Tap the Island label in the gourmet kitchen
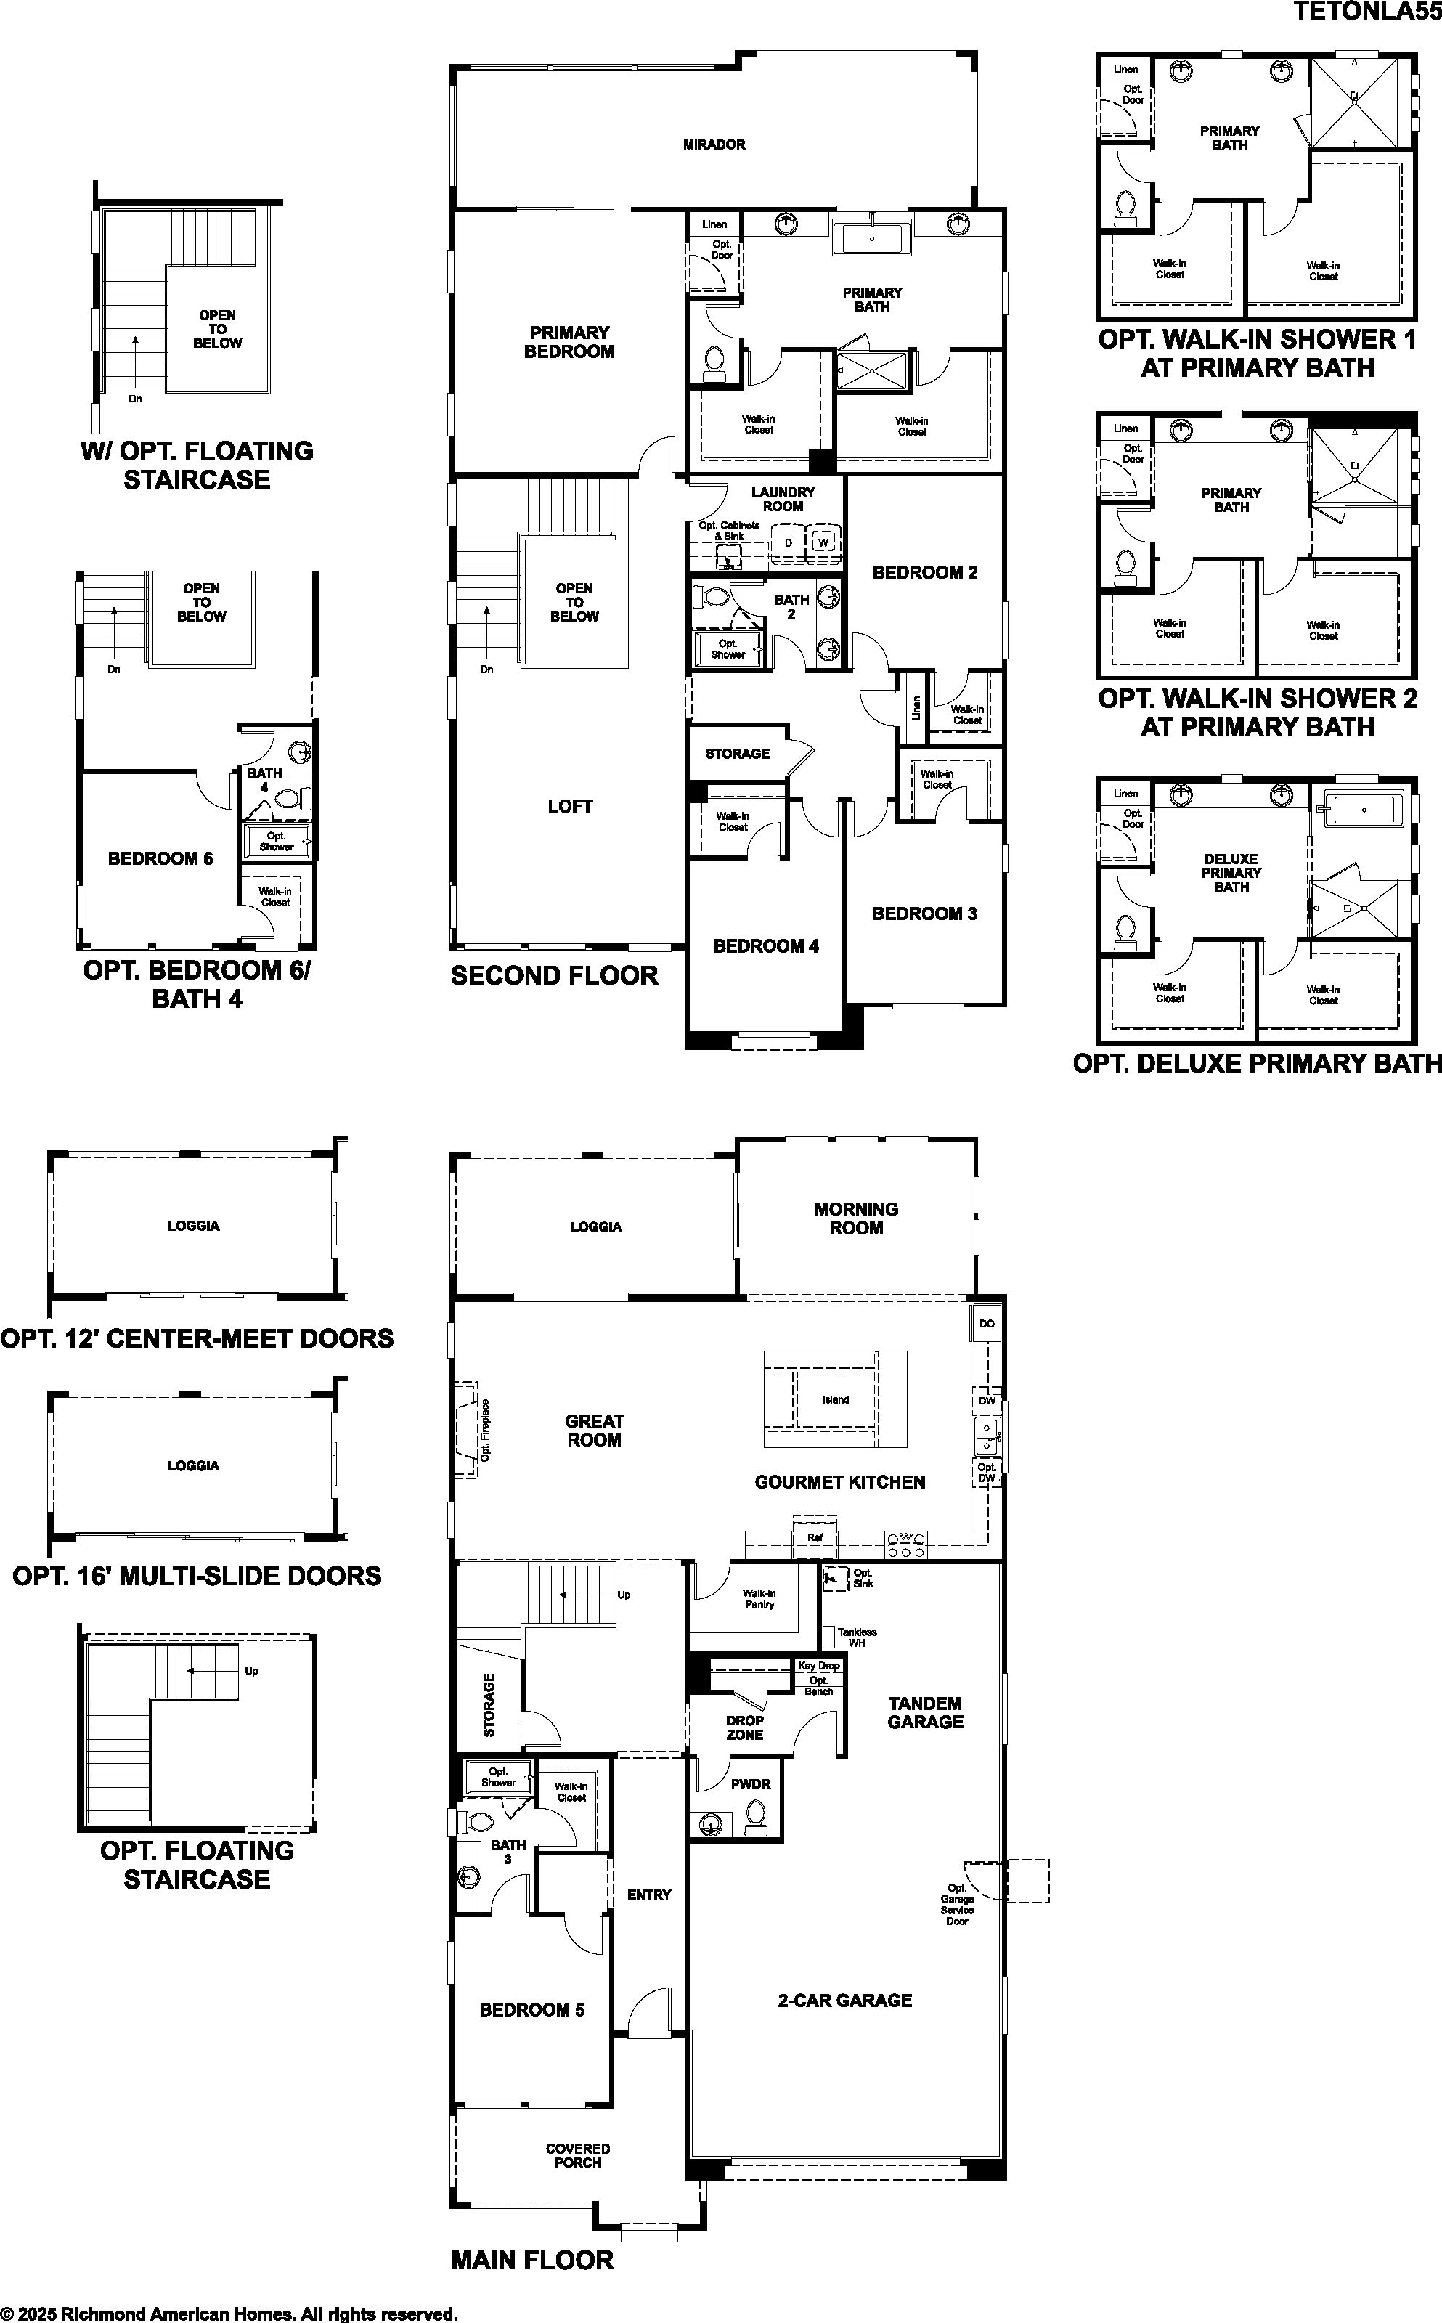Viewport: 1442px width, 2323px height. (x=836, y=1400)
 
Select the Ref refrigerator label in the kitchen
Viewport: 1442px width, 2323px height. (x=815, y=1537)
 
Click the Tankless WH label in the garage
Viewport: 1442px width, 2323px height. (x=857, y=1638)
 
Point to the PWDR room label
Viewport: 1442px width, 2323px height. (x=751, y=1784)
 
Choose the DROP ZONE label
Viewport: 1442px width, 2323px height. (x=745, y=1727)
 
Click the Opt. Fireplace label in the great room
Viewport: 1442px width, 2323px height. (x=486, y=1431)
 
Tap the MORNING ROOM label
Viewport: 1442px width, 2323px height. (x=857, y=1219)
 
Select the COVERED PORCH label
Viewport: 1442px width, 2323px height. (x=578, y=2155)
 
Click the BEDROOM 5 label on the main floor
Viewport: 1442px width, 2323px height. (x=531, y=2010)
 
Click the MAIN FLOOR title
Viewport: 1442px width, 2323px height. (x=532, y=2260)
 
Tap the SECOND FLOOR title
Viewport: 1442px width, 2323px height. (x=554, y=975)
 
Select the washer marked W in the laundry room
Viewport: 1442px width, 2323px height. (x=823, y=542)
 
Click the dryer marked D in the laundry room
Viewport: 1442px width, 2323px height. (x=788, y=542)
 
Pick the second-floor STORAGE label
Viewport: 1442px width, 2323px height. (x=737, y=753)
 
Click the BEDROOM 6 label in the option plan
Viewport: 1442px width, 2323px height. (x=160, y=858)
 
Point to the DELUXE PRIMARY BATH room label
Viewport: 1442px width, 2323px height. (x=1231, y=873)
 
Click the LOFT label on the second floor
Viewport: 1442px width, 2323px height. (x=570, y=806)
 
